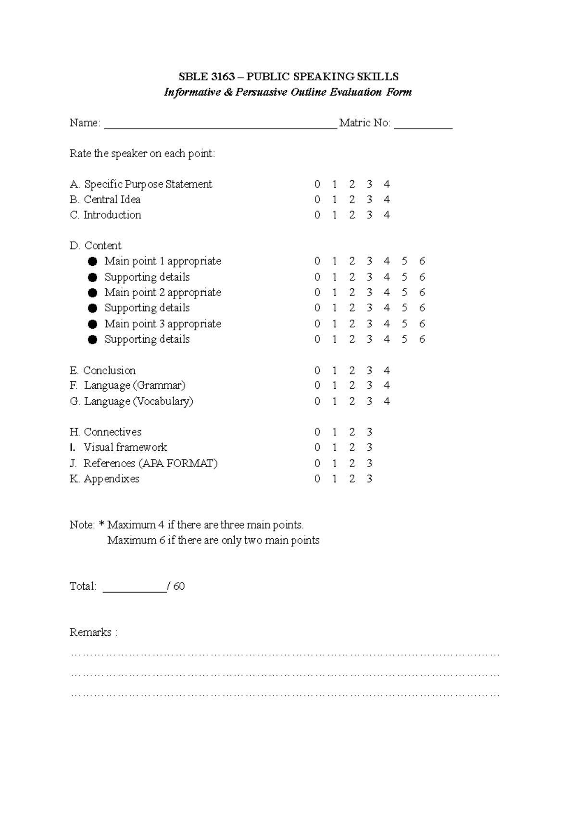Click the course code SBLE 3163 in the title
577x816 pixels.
(x=207, y=77)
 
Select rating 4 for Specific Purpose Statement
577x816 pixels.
(x=387, y=185)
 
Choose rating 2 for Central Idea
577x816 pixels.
(x=352, y=200)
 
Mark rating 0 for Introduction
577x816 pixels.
(x=317, y=215)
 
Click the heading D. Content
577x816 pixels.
(x=95, y=246)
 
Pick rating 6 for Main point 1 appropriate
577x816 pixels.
(x=422, y=261)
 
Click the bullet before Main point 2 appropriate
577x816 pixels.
(x=93, y=293)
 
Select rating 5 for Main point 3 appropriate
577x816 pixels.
(x=404, y=324)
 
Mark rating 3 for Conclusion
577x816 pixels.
(x=369, y=371)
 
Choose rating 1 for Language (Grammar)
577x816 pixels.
(x=334, y=386)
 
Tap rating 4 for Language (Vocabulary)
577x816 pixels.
(x=387, y=401)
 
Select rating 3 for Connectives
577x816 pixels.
(x=369, y=432)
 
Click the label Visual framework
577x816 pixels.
(x=125, y=447)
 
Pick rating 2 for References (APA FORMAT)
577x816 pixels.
(x=352, y=463)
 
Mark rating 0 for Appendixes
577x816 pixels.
(x=317, y=479)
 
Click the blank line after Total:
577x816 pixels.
(x=135, y=588)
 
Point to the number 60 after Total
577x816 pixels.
(x=179, y=586)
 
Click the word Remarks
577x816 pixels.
(x=90, y=632)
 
